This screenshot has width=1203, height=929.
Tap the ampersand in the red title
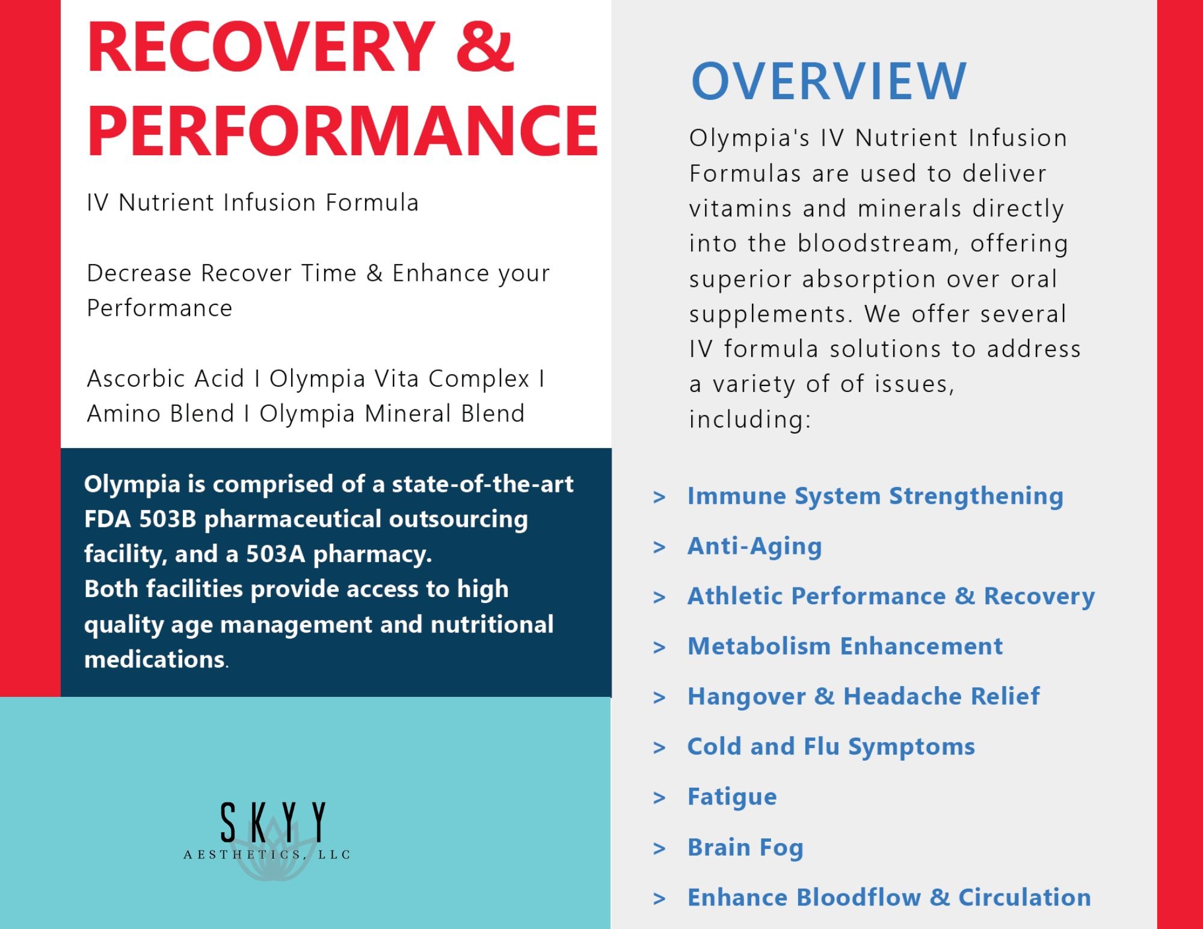485,47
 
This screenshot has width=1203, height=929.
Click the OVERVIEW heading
828,82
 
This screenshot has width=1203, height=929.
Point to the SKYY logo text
273,822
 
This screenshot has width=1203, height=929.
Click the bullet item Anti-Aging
754,547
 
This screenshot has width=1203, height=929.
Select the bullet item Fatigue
732,797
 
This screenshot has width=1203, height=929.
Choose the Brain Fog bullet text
745,848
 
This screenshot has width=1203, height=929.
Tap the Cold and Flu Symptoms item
831,747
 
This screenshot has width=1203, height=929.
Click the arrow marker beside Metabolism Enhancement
659,648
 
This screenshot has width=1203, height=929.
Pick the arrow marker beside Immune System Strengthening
659,497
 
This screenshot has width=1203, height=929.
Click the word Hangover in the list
746,697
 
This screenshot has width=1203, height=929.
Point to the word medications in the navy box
155,660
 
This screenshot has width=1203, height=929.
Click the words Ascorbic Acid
165,379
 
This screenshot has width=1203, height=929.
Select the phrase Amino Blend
161,414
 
